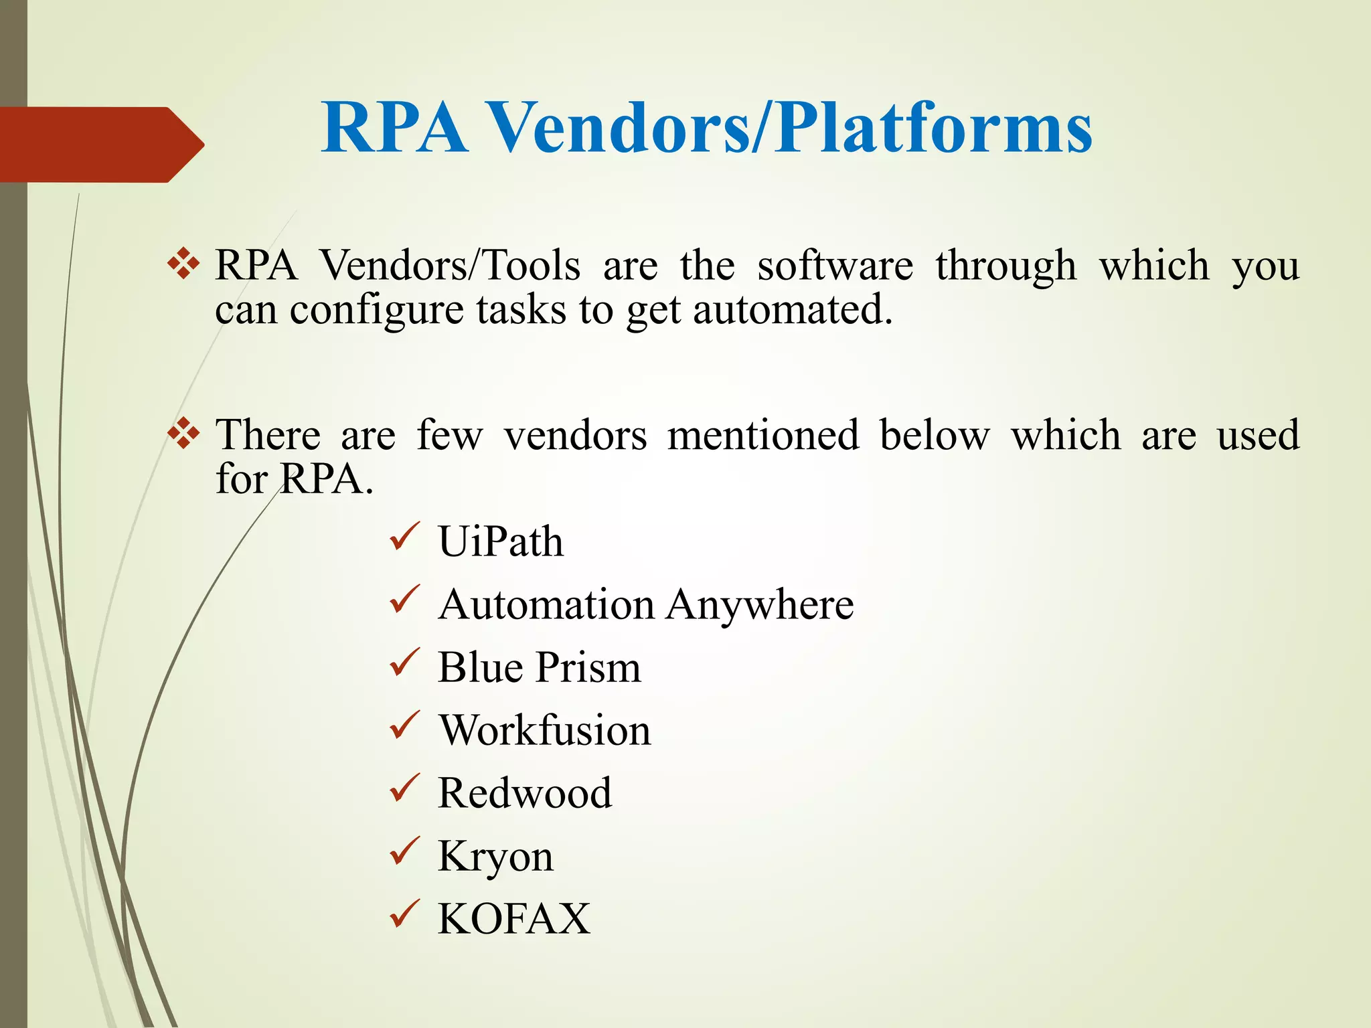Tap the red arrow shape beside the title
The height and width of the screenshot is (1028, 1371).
coord(100,145)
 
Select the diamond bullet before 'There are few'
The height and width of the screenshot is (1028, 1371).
coord(183,434)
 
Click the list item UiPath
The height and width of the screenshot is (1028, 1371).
coord(500,541)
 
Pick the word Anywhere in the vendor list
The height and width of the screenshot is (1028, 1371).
coord(760,605)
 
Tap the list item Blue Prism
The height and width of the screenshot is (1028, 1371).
coord(539,667)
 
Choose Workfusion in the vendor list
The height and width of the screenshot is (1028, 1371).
coord(544,730)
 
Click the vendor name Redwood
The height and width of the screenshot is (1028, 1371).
coord(525,793)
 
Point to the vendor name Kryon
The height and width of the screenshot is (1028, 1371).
coord(495,857)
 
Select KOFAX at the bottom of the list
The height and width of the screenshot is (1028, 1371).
coord(513,919)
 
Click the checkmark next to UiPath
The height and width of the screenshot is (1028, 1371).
coord(404,537)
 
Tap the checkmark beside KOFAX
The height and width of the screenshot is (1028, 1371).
coord(404,915)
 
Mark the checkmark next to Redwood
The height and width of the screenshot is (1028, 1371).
coord(404,789)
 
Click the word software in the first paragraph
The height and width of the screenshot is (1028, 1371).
coord(835,266)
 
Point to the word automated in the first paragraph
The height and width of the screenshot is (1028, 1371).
coord(793,311)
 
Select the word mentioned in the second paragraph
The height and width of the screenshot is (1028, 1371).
coord(763,436)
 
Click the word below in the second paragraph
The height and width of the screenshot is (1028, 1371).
coord(934,436)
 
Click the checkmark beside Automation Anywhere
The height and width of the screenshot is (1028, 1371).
coord(404,600)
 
